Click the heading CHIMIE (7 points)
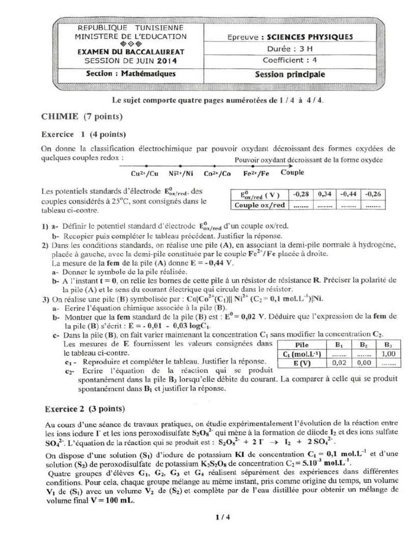click(82, 117)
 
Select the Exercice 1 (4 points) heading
click(84, 134)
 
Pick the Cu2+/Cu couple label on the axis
click(145, 174)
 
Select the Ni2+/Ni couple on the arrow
click(181, 174)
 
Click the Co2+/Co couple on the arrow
click(217, 174)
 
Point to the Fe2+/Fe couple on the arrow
click(256, 174)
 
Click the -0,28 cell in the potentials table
click(301, 194)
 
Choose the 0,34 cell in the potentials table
click(325, 194)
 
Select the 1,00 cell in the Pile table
click(388, 354)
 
